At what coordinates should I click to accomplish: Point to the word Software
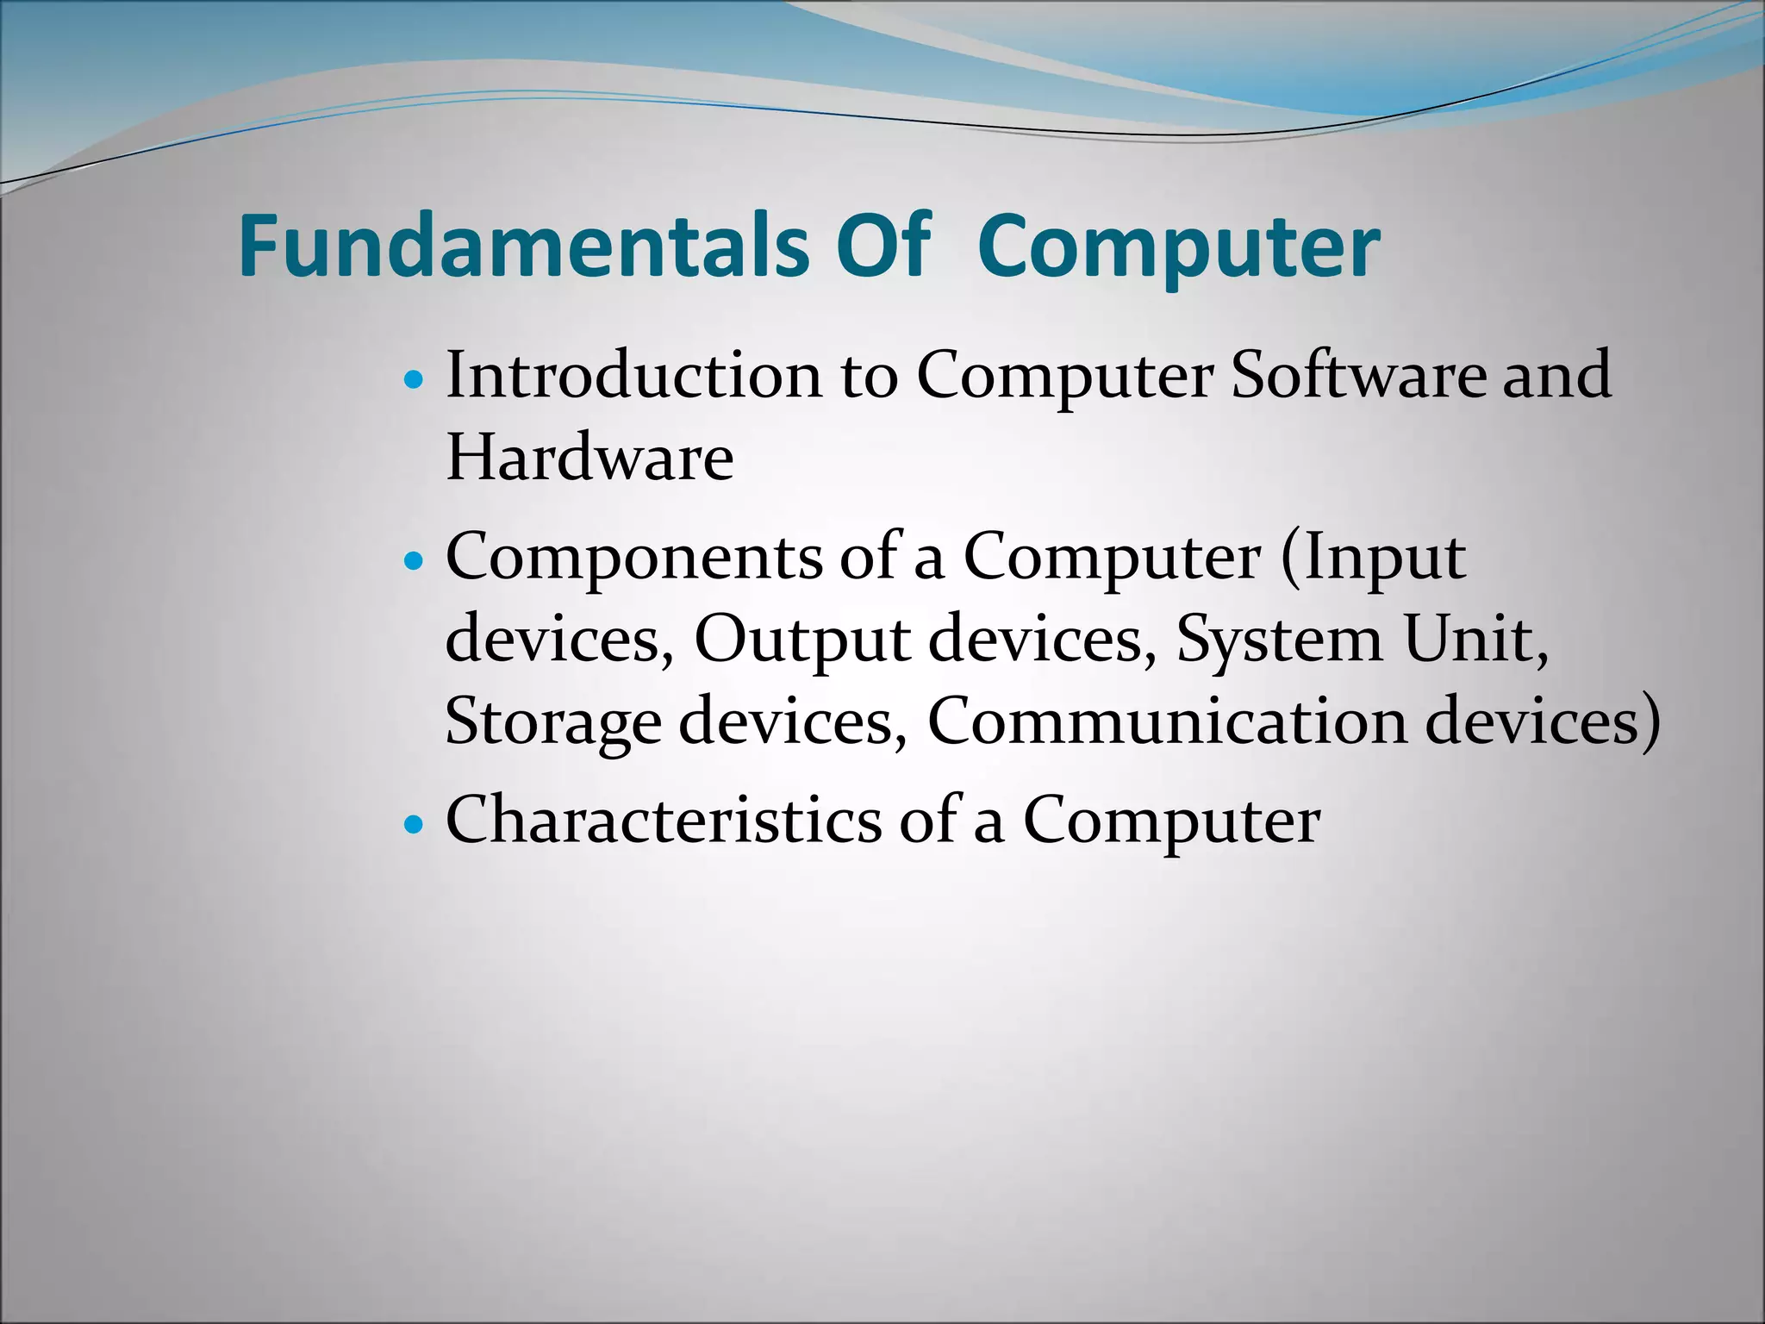[1358, 376]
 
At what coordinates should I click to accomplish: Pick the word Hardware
[589, 458]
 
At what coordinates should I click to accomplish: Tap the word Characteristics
[664, 820]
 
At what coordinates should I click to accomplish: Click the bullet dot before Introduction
[415, 379]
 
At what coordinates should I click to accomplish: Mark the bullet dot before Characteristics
[415, 824]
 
